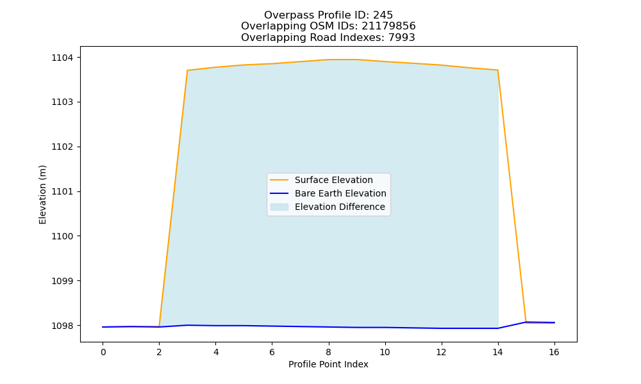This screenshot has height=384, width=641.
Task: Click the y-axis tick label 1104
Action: pyautogui.click(x=63, y=58)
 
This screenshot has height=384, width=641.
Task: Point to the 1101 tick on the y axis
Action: pyautogui.click(x=63, y=191)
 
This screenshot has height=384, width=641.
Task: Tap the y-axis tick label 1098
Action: pyautogui.click(x=63, y=326)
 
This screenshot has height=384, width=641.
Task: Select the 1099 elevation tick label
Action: pyautogui.click(x=63, y=281)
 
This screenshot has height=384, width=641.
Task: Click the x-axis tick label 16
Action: pyautogui.click(x=554, y=352)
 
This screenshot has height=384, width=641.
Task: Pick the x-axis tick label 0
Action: pyautogui.click(x=103, y=352)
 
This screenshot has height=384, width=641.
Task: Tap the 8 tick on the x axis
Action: pyautogui.click(x=328, y=352)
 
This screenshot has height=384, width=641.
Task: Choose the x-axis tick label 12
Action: pyautogui.click(x=441, y=352)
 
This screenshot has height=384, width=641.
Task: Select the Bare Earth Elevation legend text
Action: pyautogui.click(x=340, y=193)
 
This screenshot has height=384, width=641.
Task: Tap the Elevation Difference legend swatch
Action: pyautogui.click(x=279, y=207)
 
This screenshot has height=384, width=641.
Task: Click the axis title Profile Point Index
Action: pyautogui.click(x=328, y=364)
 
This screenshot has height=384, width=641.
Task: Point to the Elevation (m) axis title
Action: pyautogui.click(x=42, y=195)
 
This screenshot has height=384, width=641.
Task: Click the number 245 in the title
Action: pyautogui.click(x=383, y=15)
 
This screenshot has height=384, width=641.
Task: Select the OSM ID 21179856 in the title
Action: pyautogui.click(x=388, y=26)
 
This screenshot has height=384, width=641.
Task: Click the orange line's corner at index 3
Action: pyautogui.click(x=187, y=70)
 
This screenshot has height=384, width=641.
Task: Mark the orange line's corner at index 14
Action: pyautogui.click(x=497, y=70)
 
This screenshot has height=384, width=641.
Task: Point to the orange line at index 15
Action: pyautogui.click(x=526, y=323)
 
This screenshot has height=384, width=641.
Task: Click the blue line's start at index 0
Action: pyautogui.click(x=103, y=327)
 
